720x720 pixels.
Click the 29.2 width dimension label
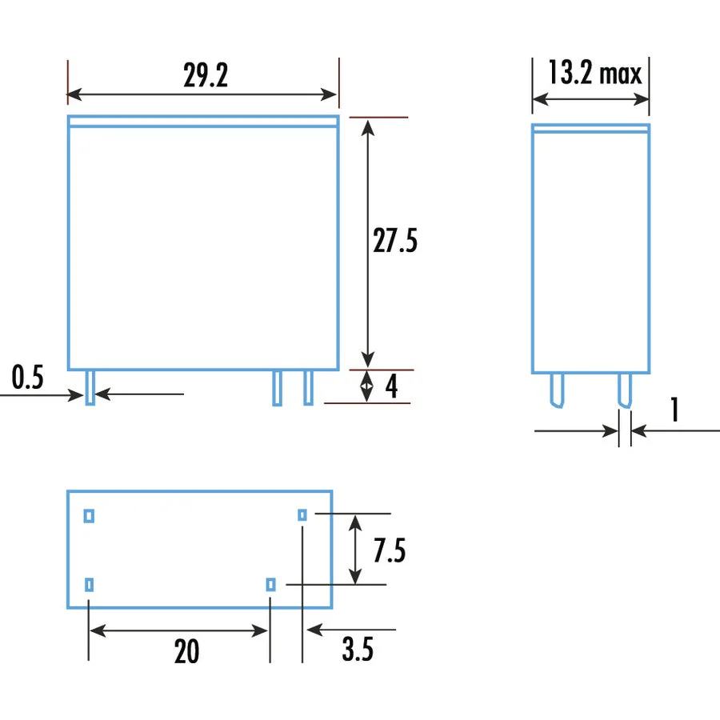206,75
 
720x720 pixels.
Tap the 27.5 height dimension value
395,241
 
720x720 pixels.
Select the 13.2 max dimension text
595,73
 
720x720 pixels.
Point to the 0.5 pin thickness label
27,378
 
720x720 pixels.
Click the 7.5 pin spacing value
390,550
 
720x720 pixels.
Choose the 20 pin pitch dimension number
186,651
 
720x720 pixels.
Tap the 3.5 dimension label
358,650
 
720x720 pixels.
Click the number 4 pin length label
391,386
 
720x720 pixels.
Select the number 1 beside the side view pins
674,410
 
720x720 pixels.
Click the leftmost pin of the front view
90,387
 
